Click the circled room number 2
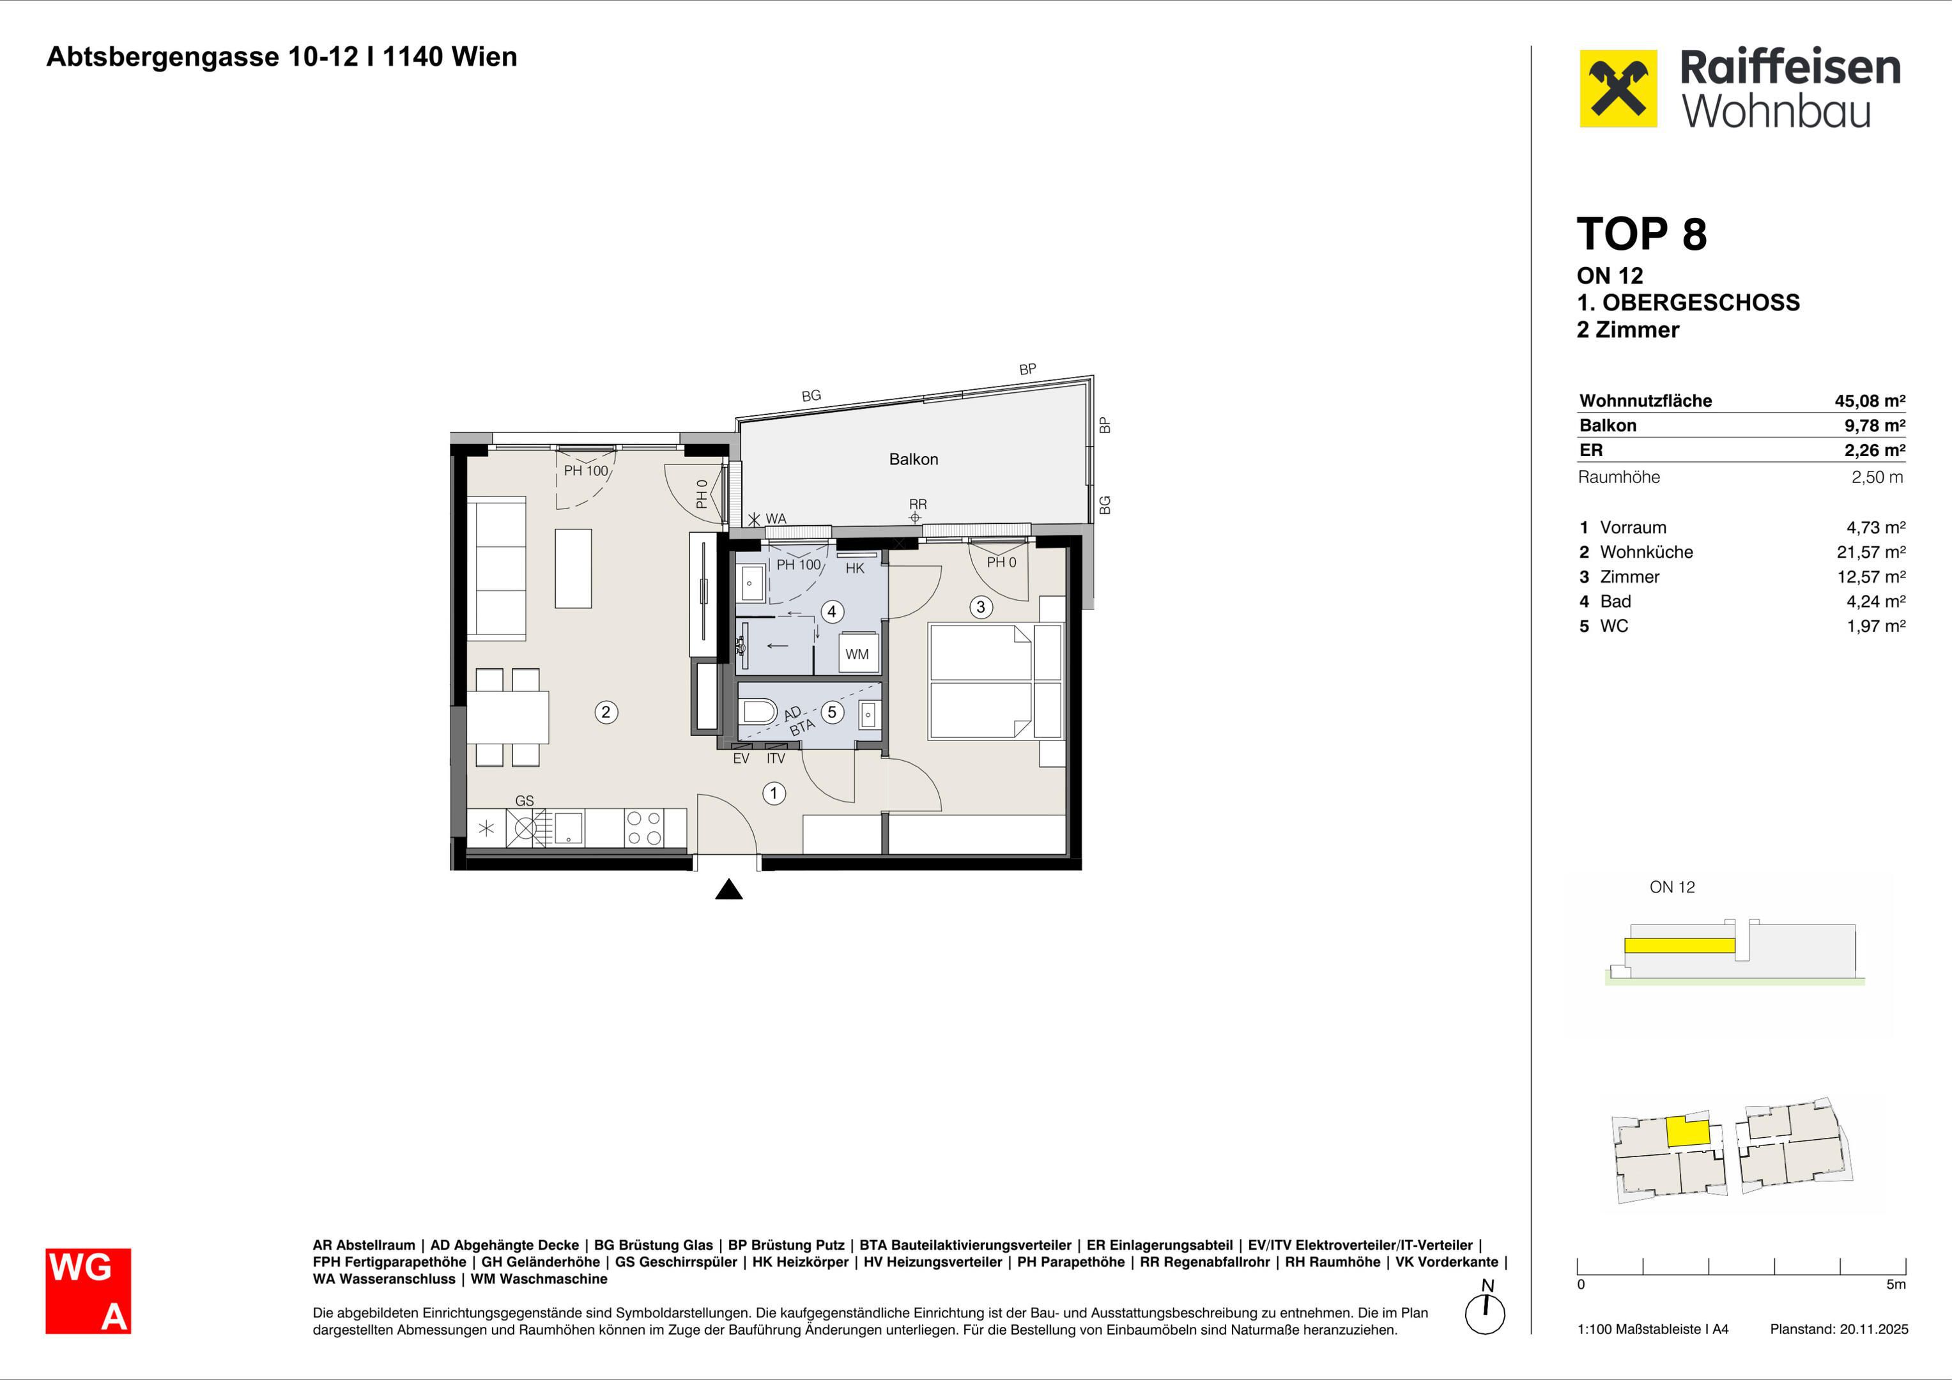(605, 712)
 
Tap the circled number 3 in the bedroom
(981, 607)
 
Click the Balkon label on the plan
(914, 459)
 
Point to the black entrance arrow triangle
(728, 889)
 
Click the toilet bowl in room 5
(759, 712)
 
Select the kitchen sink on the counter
(569, 827)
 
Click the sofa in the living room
(496, 568)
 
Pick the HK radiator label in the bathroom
(856, 568)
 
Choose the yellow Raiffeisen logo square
(1618, 88)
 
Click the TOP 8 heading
(1641, 234)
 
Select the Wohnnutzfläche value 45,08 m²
(1870, 401)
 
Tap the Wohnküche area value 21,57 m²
(1870, 552)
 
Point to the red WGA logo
(88, 1291)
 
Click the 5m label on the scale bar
(1896, 1285)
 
